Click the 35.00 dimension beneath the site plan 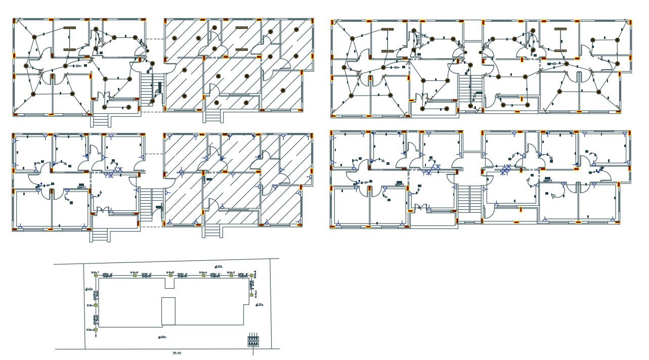tap(177, 353)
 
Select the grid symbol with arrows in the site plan tap(253, 341)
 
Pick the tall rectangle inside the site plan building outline tap(168, 311)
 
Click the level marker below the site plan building tap(162, 337)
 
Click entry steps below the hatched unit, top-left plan tap(212, 116)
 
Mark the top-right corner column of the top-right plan tap(630, 22)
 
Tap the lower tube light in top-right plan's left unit tap(388, 51)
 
